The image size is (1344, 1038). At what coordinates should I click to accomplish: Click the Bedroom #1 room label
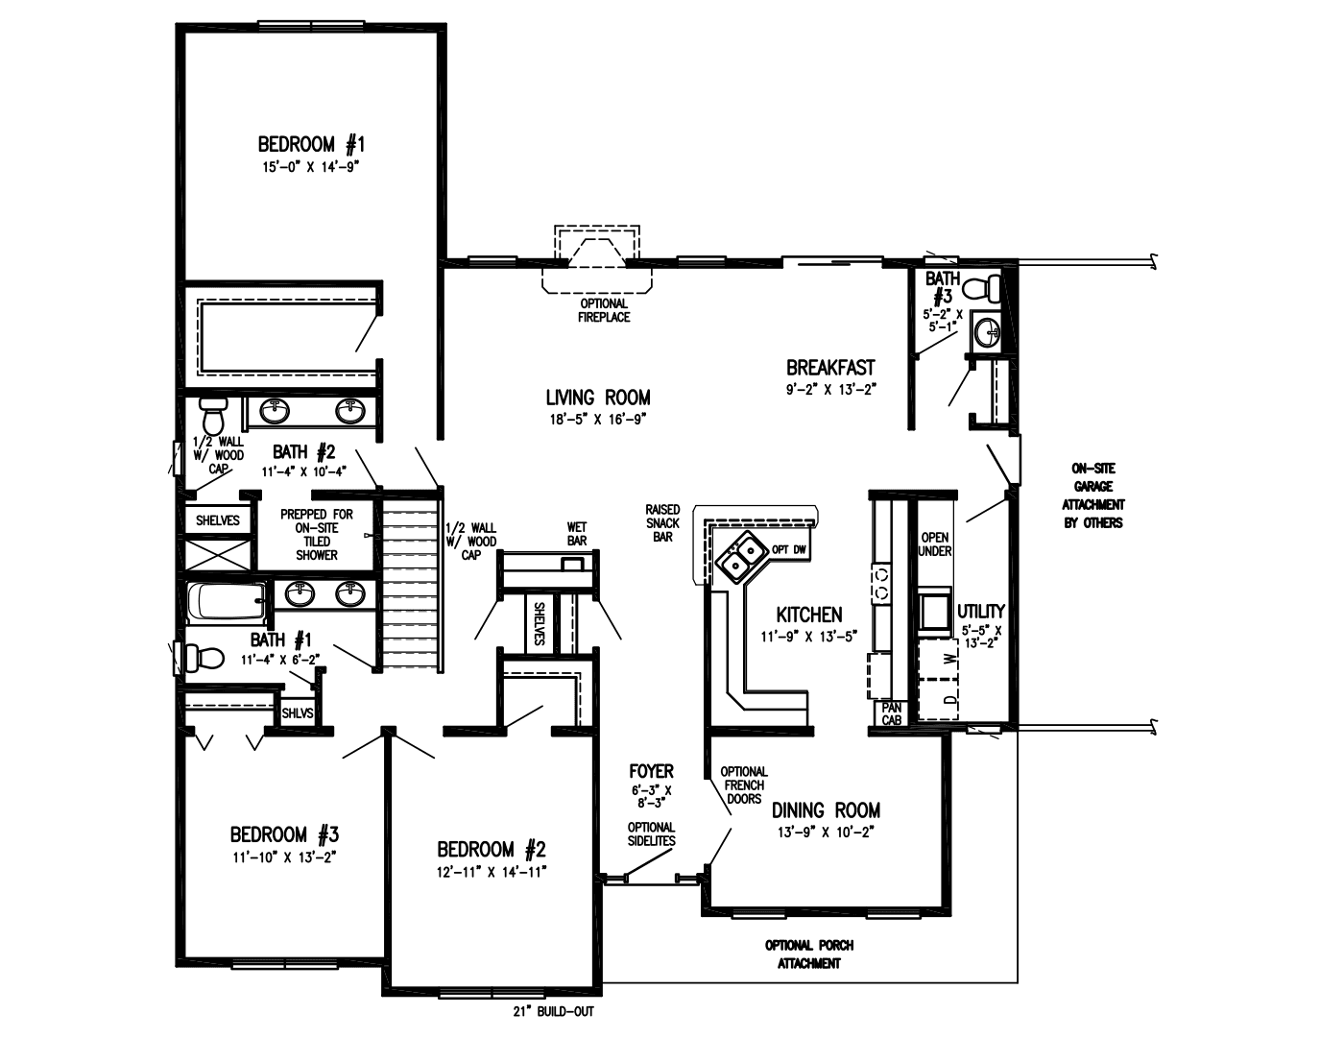311,145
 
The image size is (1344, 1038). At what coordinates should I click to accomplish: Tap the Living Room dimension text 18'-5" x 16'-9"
597,418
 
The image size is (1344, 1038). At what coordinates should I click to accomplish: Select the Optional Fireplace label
604,310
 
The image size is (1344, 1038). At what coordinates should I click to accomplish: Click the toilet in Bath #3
984,287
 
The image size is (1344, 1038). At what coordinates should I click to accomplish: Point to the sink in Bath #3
985,331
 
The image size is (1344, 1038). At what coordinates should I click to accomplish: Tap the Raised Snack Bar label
662,523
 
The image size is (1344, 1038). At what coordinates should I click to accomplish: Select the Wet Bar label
577,534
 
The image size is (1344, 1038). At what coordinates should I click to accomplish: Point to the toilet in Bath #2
212,418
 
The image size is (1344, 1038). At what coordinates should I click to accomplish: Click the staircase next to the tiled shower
410,582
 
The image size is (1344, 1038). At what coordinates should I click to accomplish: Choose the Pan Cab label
892,712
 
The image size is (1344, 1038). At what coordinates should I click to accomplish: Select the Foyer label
651,771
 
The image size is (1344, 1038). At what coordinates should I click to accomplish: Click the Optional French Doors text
743,785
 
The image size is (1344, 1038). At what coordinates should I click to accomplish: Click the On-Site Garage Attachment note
1092,495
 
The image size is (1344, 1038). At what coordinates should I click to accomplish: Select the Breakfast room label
830,368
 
